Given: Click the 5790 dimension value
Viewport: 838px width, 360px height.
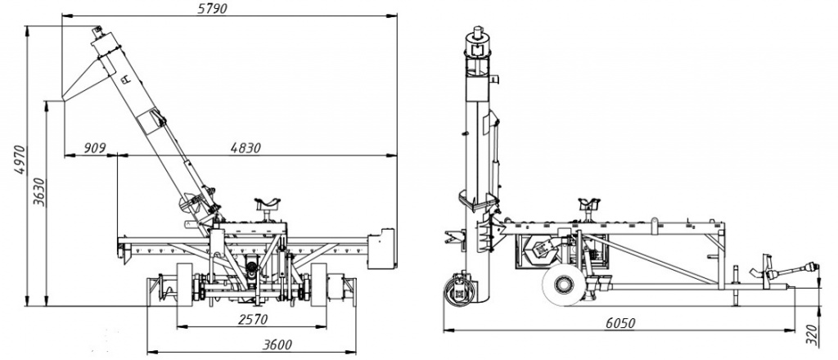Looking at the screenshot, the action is tap(213, 8).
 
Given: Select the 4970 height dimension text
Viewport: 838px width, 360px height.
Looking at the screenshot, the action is tap(20, 160).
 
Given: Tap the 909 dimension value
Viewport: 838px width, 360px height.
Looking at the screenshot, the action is tap(96, 147).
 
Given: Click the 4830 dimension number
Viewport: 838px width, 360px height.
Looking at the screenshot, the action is tap(246, 147).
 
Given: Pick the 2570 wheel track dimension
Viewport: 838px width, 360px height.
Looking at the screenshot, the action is tap(251, 319).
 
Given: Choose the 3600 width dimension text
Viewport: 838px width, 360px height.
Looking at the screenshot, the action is tap(277, 344).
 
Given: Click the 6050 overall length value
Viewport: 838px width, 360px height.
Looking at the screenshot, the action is tap(620, 322).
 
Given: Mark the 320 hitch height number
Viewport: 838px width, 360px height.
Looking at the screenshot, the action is tap(812, 335).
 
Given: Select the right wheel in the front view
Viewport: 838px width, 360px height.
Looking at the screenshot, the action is tap(319, 285).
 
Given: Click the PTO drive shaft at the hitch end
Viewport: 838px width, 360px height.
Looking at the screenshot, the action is tap(792, 270).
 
